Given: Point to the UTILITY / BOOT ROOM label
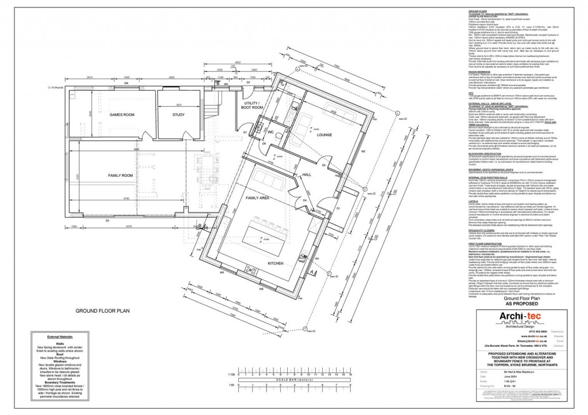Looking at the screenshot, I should (252, 105).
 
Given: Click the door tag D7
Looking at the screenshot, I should (245, 149).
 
